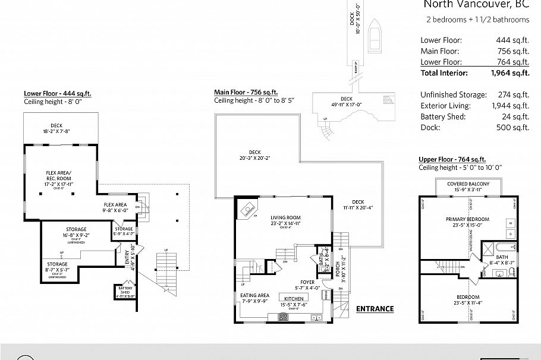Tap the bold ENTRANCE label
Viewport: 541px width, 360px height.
tap(375, 308)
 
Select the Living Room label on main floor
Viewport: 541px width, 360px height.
tap(285, 217)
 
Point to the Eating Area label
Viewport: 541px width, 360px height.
tap(254, 295)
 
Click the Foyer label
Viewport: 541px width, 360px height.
tap(307, 283)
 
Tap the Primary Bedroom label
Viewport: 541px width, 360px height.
tap(466, 219)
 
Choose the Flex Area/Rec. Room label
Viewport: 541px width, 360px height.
tap(58, 176)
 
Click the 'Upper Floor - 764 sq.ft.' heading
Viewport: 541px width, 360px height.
tap(452, 159)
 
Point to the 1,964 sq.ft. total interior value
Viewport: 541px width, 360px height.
tap(509, 73)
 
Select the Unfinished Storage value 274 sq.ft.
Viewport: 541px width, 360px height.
tap(512, 94)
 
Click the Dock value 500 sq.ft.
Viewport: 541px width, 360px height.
tap(512, 127)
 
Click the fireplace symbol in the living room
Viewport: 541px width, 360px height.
tap(247, 209)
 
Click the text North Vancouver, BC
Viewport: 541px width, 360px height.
tap(476, 5)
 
